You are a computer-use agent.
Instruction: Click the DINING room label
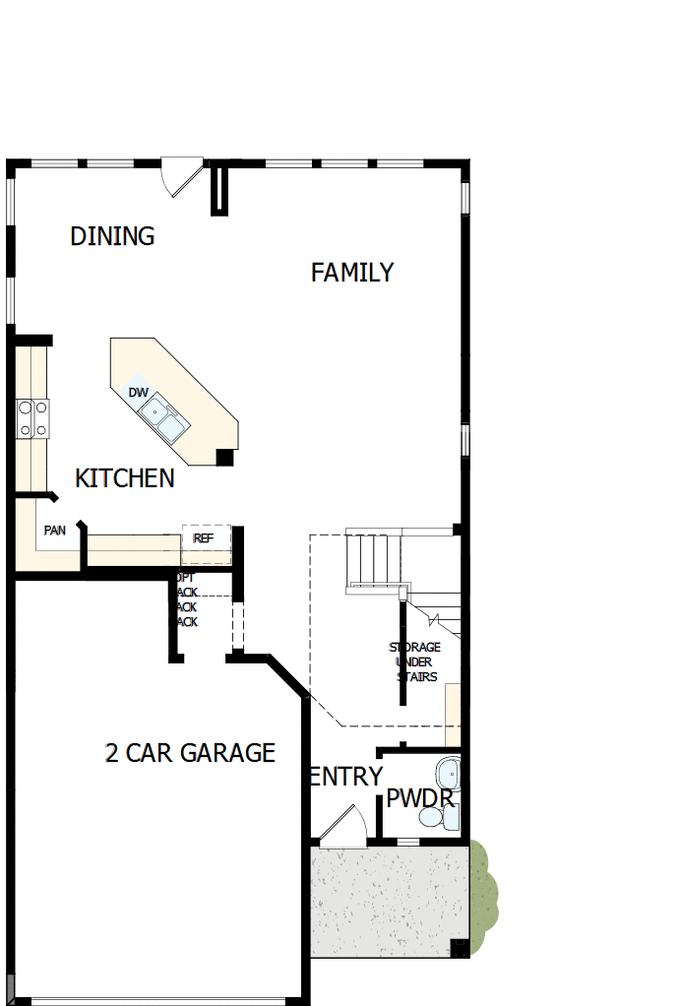[112, 236]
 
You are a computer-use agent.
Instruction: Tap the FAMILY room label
[352, 273]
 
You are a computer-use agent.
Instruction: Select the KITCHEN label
[125, 478]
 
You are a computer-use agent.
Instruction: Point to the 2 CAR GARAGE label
[190, 753]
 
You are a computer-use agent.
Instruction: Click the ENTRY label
[345, 777]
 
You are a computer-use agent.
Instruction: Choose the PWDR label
[421, 797]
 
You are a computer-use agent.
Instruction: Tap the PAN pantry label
[55, 531]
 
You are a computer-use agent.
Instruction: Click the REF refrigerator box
[206, 538]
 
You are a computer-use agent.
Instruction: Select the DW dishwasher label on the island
[139, 393]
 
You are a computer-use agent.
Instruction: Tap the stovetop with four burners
[32, 417]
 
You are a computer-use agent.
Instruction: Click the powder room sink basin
[449, 770]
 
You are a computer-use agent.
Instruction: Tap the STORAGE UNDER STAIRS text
[414, 661]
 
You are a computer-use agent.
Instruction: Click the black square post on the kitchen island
[225, 457]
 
